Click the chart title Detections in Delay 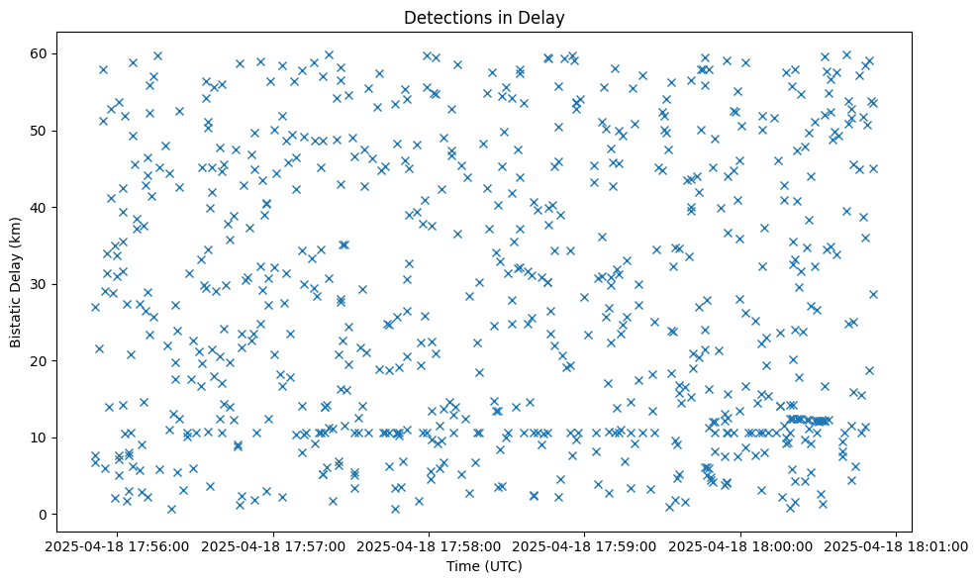tap(484, 17)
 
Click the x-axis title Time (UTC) tap(484, 566)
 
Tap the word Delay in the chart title tap(544, 17)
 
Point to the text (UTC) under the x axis tap(502, 566)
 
